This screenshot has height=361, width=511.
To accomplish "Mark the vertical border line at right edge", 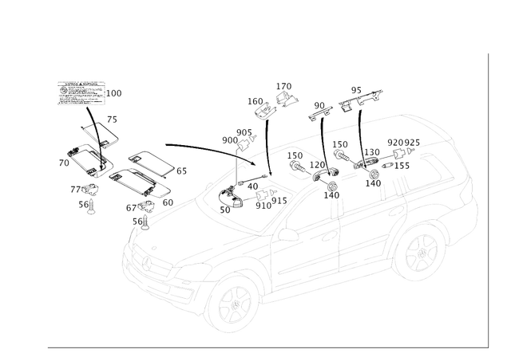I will [x=486, y=199].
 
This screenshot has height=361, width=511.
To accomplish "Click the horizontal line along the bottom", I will [x=263, y=347].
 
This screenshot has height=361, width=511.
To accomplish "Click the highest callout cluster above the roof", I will [x=284, y=92].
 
